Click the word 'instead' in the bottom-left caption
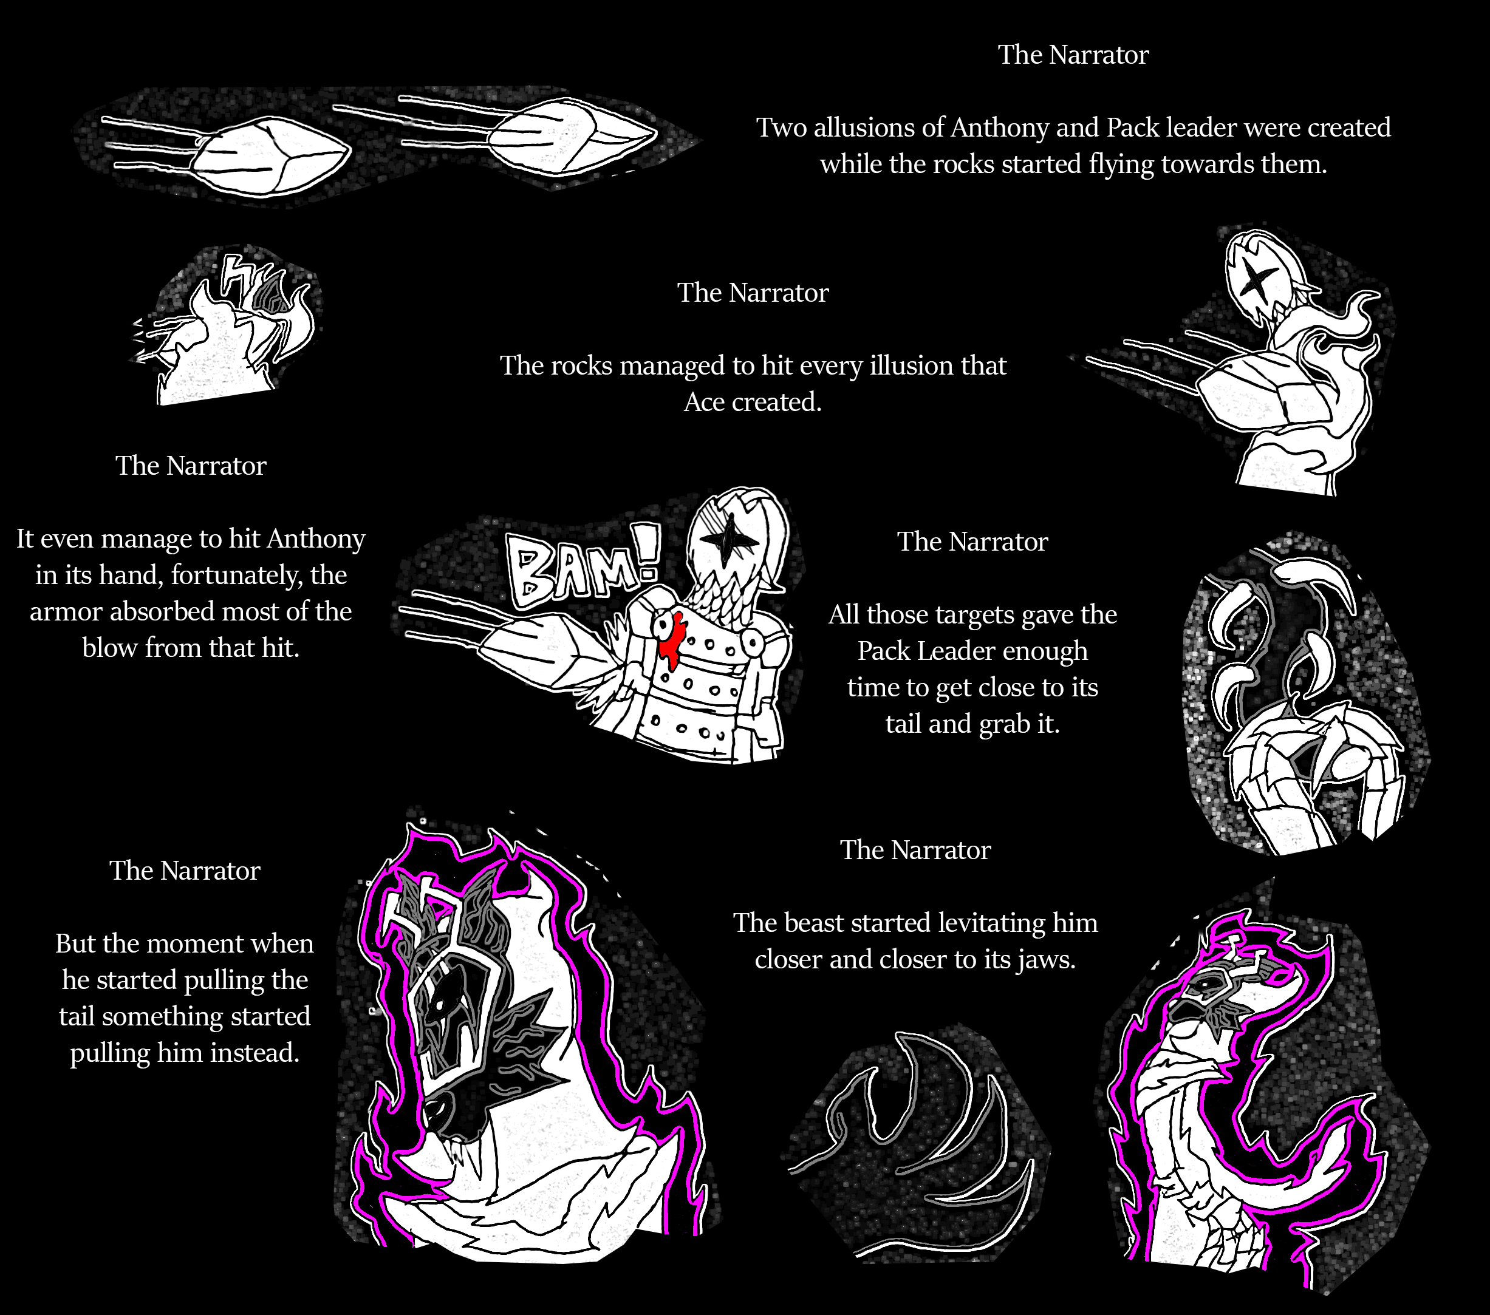(x=255, y=1053)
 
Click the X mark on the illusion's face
(x=1256, y=280)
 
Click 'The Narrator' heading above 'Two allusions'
(x=1073, y=55)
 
